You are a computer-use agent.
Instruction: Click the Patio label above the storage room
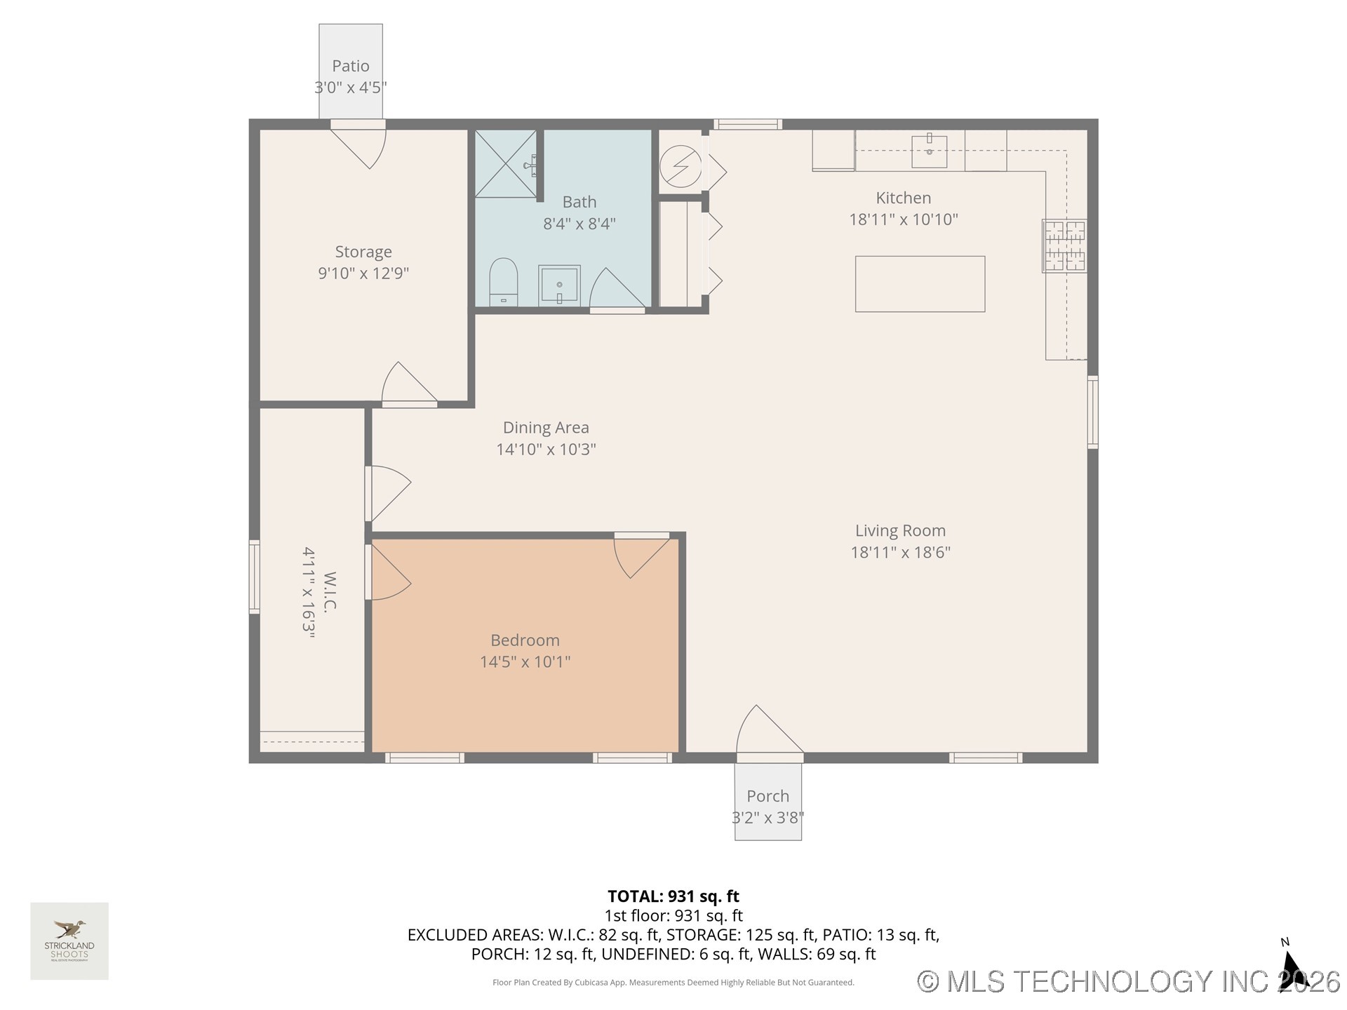coord(350,66)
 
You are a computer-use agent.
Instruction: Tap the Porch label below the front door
coord(768,796)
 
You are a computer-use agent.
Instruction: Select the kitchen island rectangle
coord(920,284)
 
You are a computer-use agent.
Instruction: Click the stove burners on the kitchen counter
coord(1064,245)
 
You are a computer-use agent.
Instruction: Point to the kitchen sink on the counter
coord(929,151)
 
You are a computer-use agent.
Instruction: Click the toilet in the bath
coord(503,281)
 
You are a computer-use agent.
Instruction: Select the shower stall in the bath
coord(506,163)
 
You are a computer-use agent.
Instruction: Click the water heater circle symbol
coord(681,166)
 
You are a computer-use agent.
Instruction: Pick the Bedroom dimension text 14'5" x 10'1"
coord(525,661)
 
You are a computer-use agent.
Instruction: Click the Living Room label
coord(900,531)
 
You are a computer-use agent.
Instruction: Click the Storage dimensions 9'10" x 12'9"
coord(363,274)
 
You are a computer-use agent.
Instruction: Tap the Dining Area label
coord(546,428)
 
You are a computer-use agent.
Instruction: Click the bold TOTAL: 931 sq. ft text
coord(673,896)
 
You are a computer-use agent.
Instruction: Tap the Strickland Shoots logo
coord(69,941)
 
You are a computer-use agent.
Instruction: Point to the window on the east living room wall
coord(1092,412)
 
